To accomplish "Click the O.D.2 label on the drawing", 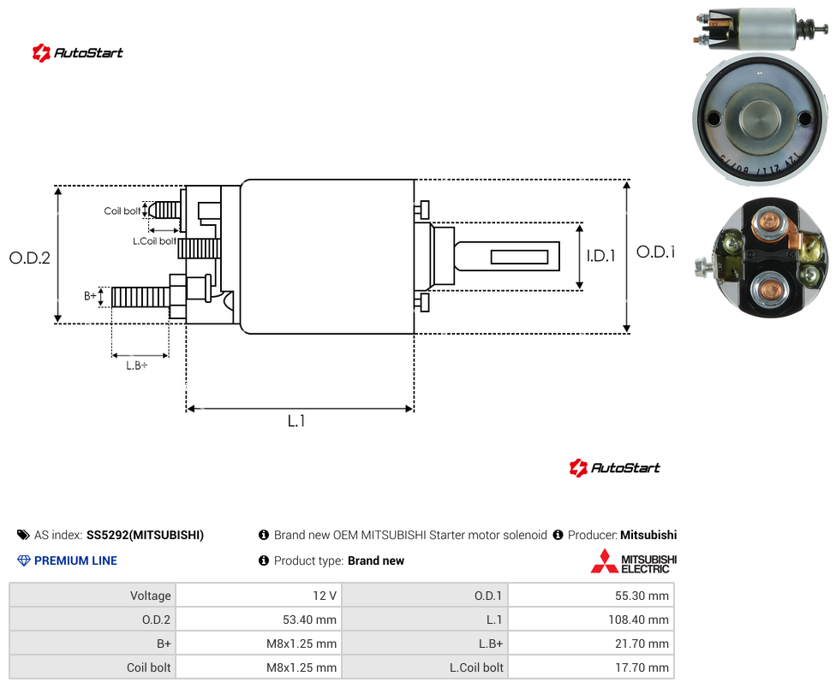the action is point(30,258).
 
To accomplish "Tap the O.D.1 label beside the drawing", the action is point(656,252).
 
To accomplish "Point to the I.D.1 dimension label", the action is point(601,256).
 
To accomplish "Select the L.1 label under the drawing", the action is point(296,421).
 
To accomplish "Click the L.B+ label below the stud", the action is point(137,365).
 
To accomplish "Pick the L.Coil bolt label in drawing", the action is point(155,241).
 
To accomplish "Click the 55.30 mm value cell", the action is point(591,596).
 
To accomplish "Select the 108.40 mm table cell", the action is point(591,620).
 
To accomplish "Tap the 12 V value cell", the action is point(260,596).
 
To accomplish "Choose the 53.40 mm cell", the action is point(260,620).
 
